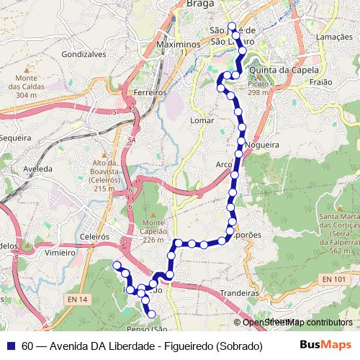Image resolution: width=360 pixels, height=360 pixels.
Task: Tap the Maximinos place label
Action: pyautogui.click(x=176, y=45)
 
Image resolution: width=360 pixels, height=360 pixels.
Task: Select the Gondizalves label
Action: pyautogui.click(x=84, y=54)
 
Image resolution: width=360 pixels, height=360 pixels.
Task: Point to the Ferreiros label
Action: pyautogui.click(x=150, y=93)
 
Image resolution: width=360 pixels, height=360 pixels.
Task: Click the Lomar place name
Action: pyautogui.click(x=203, y=120)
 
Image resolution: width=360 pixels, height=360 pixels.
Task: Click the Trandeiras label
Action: pyautogui.click(x=239, y=294)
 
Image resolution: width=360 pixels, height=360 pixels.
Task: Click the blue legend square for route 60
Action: pyautogui.click(x=12, y=346)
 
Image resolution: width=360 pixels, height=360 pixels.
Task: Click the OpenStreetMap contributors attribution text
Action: pyautogui.click(x=297, y=323)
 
